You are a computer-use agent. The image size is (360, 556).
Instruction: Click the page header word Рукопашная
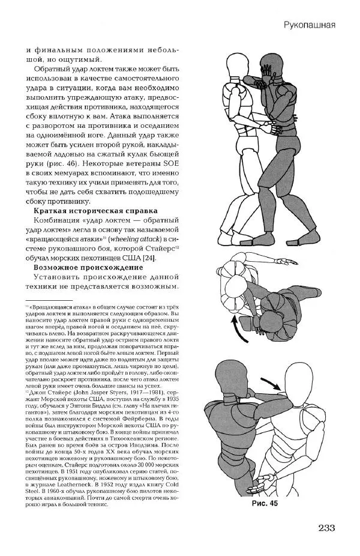point(310,25)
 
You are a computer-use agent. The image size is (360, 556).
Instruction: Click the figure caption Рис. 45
point(265,503)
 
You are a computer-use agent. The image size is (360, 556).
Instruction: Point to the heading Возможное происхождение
point(89,267)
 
